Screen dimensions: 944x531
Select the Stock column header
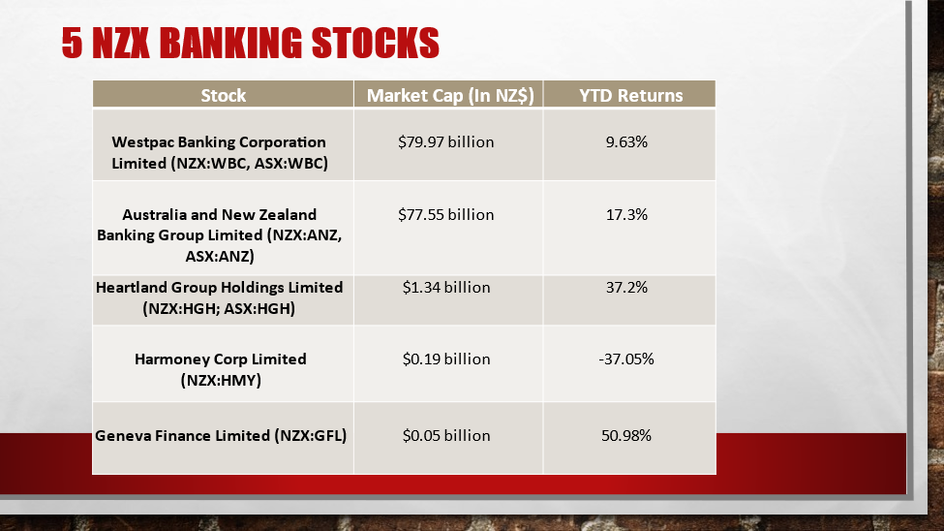tap(224, 95)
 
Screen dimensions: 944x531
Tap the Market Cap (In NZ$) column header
tap(450, 95)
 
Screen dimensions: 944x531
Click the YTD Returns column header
tap(631, 95)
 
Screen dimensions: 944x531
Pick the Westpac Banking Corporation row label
tap(220, 152)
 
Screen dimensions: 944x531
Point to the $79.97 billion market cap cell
tap(446, 141)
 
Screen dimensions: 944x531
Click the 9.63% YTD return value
tap(626, 141)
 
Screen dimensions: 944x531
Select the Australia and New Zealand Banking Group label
tap(219, 235)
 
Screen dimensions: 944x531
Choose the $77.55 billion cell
tap(446, 214)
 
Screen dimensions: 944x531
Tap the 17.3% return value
tap(626, 214)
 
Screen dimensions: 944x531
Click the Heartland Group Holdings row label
tap(219, 297)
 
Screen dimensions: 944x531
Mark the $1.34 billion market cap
tap(446, 287)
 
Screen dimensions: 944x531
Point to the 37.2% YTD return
tap(626, 287)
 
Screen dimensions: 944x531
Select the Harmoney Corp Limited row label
tap(221, 369)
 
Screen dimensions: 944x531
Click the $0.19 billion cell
tap(446, 359)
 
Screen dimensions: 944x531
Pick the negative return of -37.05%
tap(626, 359)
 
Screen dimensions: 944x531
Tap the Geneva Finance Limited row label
tap(221, 435)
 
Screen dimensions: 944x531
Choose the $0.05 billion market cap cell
tap(446, 435)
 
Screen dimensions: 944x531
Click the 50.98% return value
tap(626, 435)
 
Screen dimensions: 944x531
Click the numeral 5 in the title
tap(72, 43)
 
